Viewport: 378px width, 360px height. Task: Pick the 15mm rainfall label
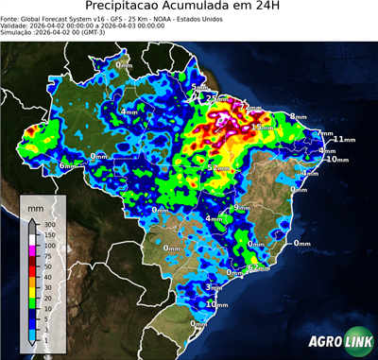[260, 127]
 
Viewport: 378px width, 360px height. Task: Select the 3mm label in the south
[215, 286]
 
